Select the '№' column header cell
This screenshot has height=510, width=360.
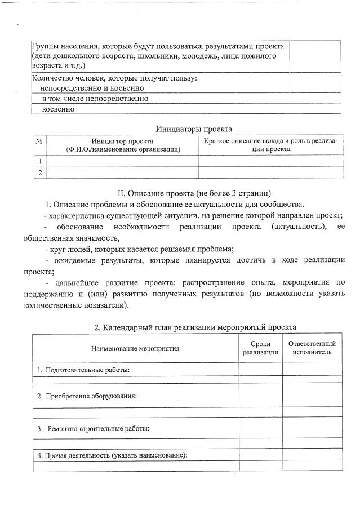[x=39, y=141]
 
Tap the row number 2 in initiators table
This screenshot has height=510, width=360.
[x=39, y=172]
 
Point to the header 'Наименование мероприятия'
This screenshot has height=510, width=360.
[x=135, y=348]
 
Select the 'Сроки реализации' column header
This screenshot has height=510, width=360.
[x=260, y=348]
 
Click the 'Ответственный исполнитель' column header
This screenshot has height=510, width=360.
[x=312, y=348]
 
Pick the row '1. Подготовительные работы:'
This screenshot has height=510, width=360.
[x=83, y=370]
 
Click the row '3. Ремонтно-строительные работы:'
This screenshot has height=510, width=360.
[x=93, y=428]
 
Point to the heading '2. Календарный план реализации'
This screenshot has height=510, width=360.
[x=194, y=327]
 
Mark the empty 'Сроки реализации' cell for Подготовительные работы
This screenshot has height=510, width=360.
[x=260, y=370]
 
